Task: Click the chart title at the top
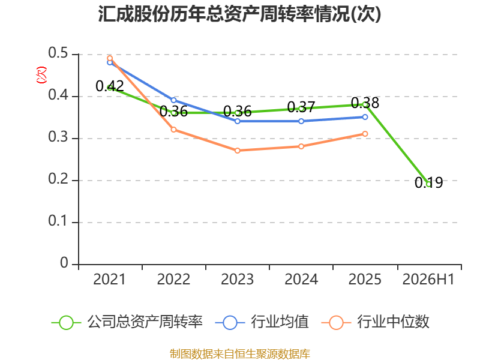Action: pyautogui.click(x=239, y=14)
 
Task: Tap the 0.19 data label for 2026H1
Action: pyautogui.click(x=428, y=183)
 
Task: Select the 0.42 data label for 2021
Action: pyautogui.click(x=110, y=86)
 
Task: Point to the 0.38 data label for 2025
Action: pyautogui.click(x=365, y=103)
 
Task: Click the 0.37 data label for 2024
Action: pyautogui.click(x=301, y=107)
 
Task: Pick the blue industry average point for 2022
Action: pyautogui.click(x=173, y=100)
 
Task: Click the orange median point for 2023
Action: pyautogui.click(x=238, y=151)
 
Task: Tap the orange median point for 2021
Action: pyautogui.click(x=110, y=58)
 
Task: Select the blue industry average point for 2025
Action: pyautogui.click(x=365, y=117)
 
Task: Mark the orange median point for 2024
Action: pyautogui.click(x=301, y=146)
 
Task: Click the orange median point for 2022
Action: pyautogui.click(x=173, y=130)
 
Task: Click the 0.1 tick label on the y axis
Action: pyautogui.click(x=58, y=221)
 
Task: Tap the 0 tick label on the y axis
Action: pyautogui.click(x=64, y=263)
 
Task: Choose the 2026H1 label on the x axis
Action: pyautogui.click(x=428, y=279)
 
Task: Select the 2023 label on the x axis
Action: pyautogui.click(x=237, y=279)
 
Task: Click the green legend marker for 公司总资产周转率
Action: pyautogui.click(x=66, y=323)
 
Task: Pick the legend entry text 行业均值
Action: pyautogui.click(x=280, y=322)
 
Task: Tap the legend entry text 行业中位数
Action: pyautogui.click(x=394, y=322)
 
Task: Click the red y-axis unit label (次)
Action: pyautogui.click(x=41, y=75)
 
